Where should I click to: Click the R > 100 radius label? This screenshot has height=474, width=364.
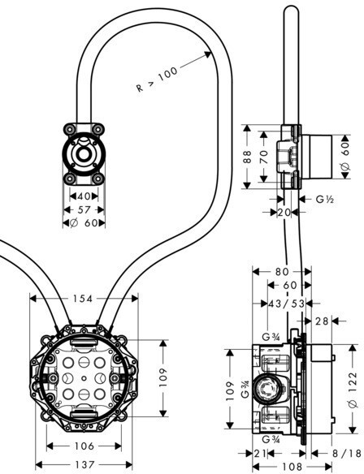coord(157,80)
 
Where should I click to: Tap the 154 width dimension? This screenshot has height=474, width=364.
coord(83,299)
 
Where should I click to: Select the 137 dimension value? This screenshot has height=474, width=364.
coord(84,464)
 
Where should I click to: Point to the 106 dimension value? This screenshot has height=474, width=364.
coord(84,446)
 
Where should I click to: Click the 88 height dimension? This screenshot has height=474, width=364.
coord(248,157)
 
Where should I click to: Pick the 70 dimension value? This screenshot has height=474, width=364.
coord(264,157)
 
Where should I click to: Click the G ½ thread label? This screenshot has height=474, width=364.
coord(325,199)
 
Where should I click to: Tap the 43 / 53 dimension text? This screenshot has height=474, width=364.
coord(287,304)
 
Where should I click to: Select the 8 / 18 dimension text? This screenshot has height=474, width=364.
coord(347,454)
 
